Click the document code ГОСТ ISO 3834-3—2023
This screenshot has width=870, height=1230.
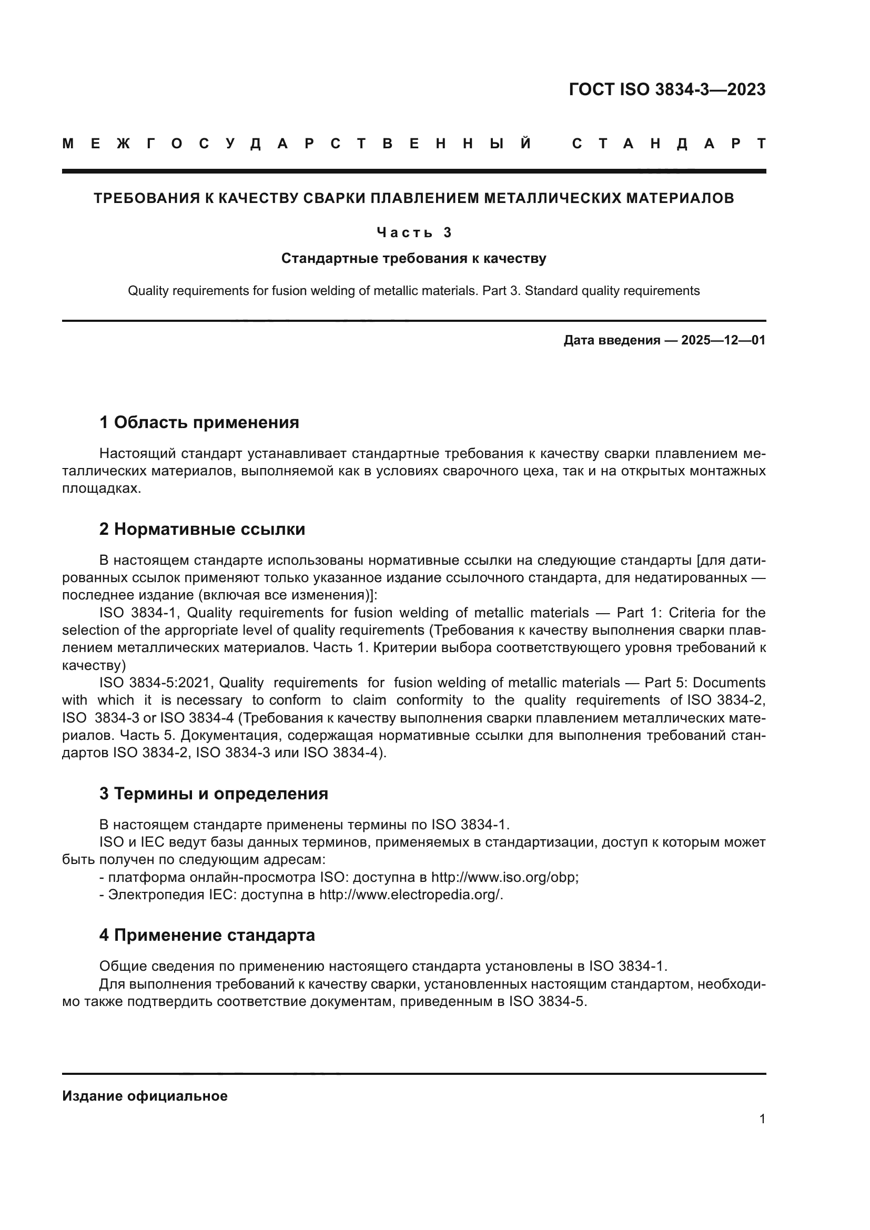(x=666, y=89)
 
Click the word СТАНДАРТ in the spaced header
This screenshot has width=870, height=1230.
(x=669, y=144)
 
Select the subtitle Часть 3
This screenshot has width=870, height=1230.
(x=414, y=232)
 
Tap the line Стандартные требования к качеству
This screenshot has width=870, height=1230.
(x=413, y=259)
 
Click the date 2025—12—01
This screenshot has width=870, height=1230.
(x=723, y=340)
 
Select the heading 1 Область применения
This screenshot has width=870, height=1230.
(x=199, y=423)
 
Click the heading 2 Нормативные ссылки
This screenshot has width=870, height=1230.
(x=202, y=530)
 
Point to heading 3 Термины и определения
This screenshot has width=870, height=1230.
(x=213, y=794)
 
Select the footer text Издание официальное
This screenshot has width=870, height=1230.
(x=145, y=1096)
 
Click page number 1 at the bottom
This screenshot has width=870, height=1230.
(x=762, y=1119)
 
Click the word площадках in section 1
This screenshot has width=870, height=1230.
(x=100, y=489)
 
